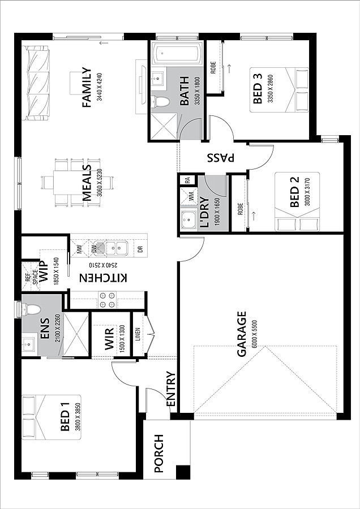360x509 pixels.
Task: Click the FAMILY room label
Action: (x=87, y=87)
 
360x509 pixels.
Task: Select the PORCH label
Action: (x=159, y=454)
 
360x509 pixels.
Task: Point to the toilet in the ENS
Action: (x=31, y=309)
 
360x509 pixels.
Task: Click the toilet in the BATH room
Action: (x=161, y=102)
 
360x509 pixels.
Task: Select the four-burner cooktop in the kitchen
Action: (x=107, y=300)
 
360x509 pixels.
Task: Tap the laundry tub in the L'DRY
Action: (x=188, y=221)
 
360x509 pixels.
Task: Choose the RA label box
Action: (x=187, y=180)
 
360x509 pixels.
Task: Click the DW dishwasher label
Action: (x=94, y=249)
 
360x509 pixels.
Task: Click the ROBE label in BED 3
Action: (x=213, y=67)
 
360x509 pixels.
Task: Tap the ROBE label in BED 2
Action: (x=239, y=209)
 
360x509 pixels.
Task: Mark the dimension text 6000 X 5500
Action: (x=254, y=334)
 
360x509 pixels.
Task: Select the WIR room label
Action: (x=109, y=339)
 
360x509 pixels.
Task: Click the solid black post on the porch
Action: (x=183, y=472)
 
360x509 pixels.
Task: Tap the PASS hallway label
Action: (x=221, y=158)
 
